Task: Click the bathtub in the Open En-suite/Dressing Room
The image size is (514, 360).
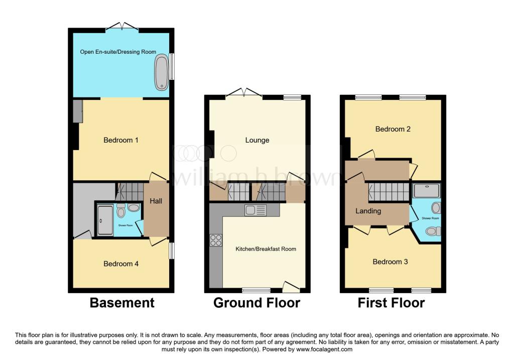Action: click(x=161, y=72)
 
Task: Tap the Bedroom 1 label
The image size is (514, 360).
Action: click(x=120, y=140)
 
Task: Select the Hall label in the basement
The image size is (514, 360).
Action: click(x=156, y=201)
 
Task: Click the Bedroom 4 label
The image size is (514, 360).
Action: click(x=121, y=264)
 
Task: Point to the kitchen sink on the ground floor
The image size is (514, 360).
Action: click(x=255, y=210)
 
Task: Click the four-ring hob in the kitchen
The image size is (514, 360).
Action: click(x=216, y=240)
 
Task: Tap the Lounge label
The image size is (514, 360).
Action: click(x=258, y=140)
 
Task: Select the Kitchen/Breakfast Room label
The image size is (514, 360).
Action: click(x=266, y=249)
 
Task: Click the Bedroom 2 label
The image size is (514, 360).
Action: click(x=393, y=129)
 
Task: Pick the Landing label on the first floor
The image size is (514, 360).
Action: click(x=368, y=211)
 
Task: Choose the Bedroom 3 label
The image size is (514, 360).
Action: click(x=390, y=262)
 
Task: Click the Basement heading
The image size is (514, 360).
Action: click(x=122, y=303)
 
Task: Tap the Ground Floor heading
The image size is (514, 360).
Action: click(x=256, y=303)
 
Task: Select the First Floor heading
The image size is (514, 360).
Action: click(x=391, y=303)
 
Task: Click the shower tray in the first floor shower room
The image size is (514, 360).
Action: click(x=427, y=190)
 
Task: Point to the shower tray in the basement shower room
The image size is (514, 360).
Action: click(x=105, y=220)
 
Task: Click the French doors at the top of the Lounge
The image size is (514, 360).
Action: click(x=244, y=93)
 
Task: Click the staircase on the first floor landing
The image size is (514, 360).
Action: click(x=389, y=192)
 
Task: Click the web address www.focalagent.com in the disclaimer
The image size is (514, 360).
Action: click(x=324, y=349)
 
